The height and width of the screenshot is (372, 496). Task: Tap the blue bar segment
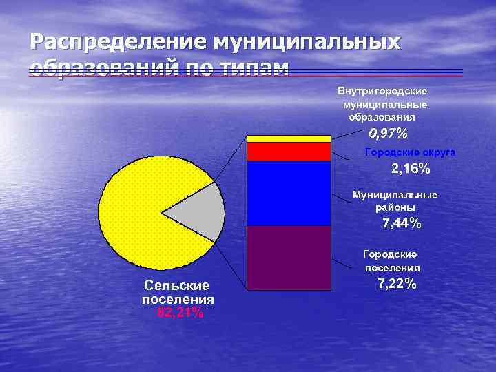point(289,193)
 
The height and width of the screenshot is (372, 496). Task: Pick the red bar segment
point(289,151)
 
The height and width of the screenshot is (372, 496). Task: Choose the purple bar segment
point(289,257)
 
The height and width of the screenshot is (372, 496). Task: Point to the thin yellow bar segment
point(289,138)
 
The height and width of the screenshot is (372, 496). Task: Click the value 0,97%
point(388,133)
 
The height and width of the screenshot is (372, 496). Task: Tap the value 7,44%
point(402,223)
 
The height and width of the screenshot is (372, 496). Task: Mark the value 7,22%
point(397,284)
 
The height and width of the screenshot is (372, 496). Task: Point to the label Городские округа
point(410,152)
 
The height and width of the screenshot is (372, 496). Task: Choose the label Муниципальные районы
point(395,201)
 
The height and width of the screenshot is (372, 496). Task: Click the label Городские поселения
point(391,262)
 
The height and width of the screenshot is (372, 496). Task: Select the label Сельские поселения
point(177,293)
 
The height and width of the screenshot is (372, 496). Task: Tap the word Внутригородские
point(382,91)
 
